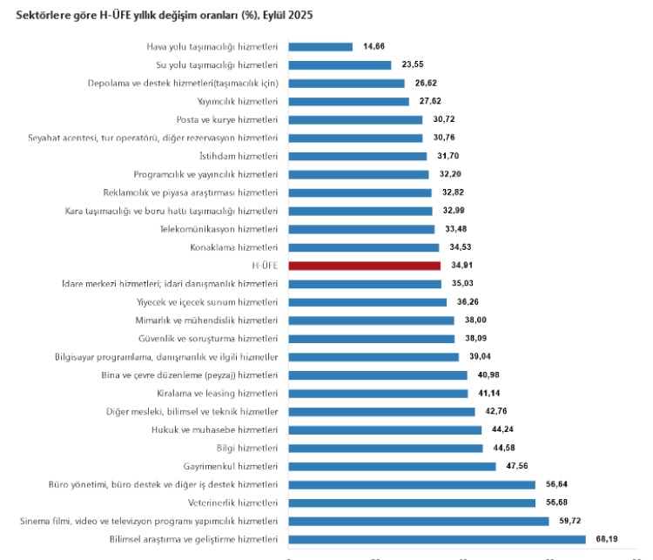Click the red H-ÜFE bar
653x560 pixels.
click(x=364, y=266)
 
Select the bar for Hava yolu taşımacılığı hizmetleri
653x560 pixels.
click(x=320, y=46)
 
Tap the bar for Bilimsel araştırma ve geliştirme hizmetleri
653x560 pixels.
click(x=436, y=540)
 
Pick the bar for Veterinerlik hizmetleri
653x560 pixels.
click(x=411, y=503)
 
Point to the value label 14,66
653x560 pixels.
click(x=374, y=46)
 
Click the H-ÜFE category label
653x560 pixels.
click(x=264, y=266)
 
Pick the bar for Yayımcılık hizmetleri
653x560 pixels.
click(x=348, y=101)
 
